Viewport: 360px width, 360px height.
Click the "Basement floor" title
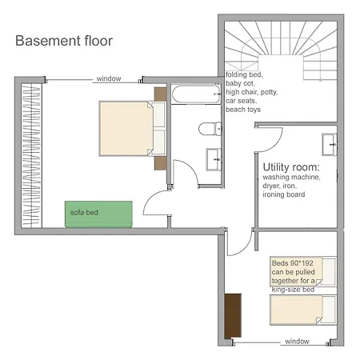(x=64, y=41)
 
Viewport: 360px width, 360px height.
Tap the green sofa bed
(x=98, y=214)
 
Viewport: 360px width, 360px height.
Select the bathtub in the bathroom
(x=196, y=94)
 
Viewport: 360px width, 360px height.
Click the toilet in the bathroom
(x=210, y=130)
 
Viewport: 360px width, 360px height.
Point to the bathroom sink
(x=214, y=159)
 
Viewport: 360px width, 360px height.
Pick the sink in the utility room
(x=330, y=144)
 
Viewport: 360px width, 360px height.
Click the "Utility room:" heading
(x=291, y=167)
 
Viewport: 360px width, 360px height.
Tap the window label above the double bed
(x=109, y=78)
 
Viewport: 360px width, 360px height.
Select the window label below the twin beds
(x=297, y=342)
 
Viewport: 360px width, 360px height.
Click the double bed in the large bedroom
(x=133, y=128)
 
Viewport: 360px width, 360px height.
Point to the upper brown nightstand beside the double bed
(x=161, y=94)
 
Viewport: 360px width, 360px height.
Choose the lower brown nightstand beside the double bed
(x=161, y=163)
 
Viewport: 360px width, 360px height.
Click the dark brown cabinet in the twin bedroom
(x=233, y=316)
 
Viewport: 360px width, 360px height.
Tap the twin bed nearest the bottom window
(x=303, y=310)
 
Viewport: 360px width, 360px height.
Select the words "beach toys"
(x=243, y=110)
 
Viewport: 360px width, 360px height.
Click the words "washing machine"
(x=291, y=177)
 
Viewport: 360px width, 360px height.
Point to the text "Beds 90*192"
(x=293, y=263)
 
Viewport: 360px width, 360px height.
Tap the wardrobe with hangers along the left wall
(x=31, y=154)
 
